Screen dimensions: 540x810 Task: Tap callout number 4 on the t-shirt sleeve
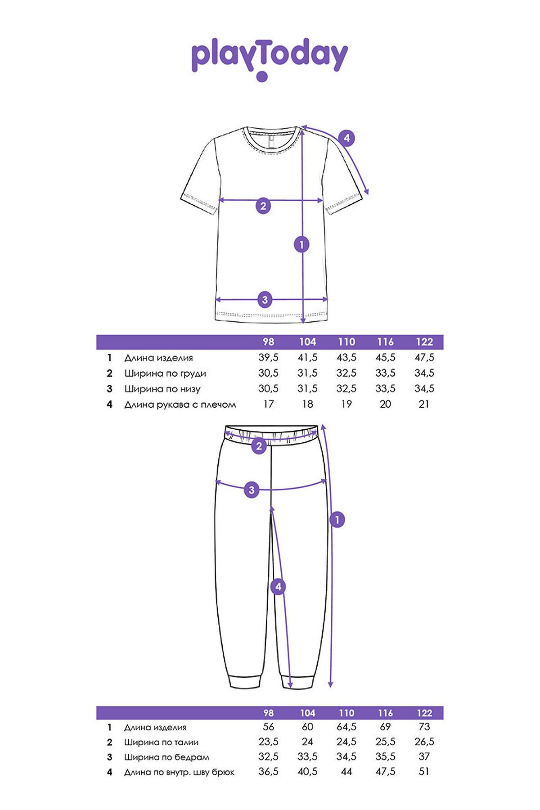point(346,138)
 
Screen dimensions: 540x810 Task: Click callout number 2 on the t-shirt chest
point(264,206)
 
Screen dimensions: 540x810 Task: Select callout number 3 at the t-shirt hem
point(265,299)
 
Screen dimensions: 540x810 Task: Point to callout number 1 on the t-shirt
point(301,245)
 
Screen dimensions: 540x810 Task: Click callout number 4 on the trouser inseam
point(278,587)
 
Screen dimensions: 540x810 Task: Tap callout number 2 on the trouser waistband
point(259,446)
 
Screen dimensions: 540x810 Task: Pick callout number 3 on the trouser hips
point(252,490)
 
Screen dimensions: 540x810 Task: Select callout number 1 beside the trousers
point(337,520)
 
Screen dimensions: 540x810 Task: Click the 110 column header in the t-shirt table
point(346,342)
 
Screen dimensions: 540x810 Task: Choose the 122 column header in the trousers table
point(424,713)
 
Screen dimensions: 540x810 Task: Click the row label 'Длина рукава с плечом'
point(180,405)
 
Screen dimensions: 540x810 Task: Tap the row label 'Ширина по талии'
point(161,742)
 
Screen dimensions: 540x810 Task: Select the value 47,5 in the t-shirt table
point(424,358)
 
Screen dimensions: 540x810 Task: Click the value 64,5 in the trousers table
point(346,727)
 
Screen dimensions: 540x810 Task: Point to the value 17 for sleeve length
point(268,404)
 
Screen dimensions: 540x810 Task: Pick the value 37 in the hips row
point(424,757)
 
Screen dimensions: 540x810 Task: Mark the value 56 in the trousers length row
point(268,727)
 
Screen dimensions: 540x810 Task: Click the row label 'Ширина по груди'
point(165,373)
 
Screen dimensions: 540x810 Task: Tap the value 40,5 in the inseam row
point(307,772)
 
